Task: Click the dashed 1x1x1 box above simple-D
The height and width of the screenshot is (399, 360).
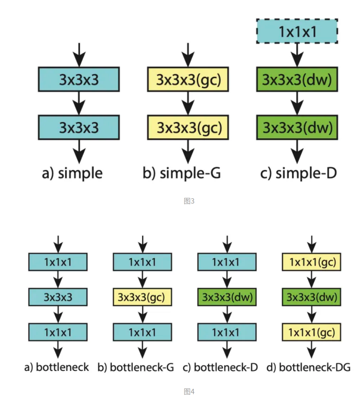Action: (297, 31)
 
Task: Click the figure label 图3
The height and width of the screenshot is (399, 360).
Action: (189, 201)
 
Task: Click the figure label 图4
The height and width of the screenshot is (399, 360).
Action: (189, 392)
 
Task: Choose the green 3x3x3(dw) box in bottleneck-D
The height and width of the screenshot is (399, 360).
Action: (227, 297)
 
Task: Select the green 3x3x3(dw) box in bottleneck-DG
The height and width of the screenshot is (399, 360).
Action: (311, 297)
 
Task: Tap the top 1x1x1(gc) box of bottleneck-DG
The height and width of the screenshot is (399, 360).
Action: (311, 262)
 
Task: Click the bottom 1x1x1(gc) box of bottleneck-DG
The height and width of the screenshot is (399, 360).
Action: (311, 332)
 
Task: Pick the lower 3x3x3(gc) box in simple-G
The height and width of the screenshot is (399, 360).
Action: (188, 127)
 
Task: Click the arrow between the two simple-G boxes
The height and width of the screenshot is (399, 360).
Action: (188, 103)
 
